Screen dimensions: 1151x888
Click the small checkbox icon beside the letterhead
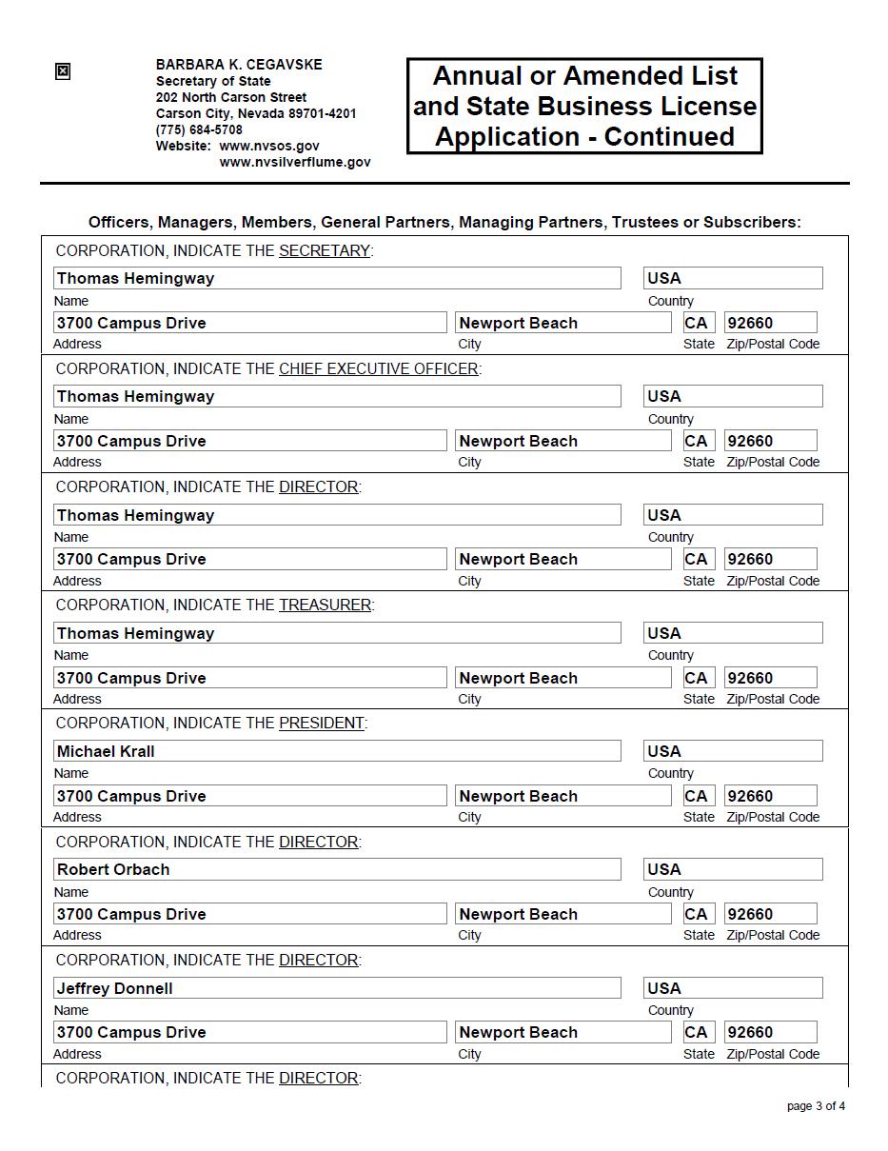point(63,71)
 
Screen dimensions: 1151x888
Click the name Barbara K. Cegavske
point(239,65)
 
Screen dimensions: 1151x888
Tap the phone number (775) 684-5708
point(199,129)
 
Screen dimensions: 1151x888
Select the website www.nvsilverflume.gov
point(295,162)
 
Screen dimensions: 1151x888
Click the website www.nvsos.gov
point(269,146)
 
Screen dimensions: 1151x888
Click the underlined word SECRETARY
point(324,250)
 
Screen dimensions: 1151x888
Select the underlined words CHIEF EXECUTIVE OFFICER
point(378,368)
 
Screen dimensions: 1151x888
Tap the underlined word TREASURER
point(325,605)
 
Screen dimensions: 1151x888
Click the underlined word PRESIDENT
point(321,723)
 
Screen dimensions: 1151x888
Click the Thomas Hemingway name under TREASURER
point(135,633)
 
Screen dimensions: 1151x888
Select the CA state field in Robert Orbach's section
point(696,914)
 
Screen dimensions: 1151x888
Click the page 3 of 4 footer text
point(816,1106)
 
